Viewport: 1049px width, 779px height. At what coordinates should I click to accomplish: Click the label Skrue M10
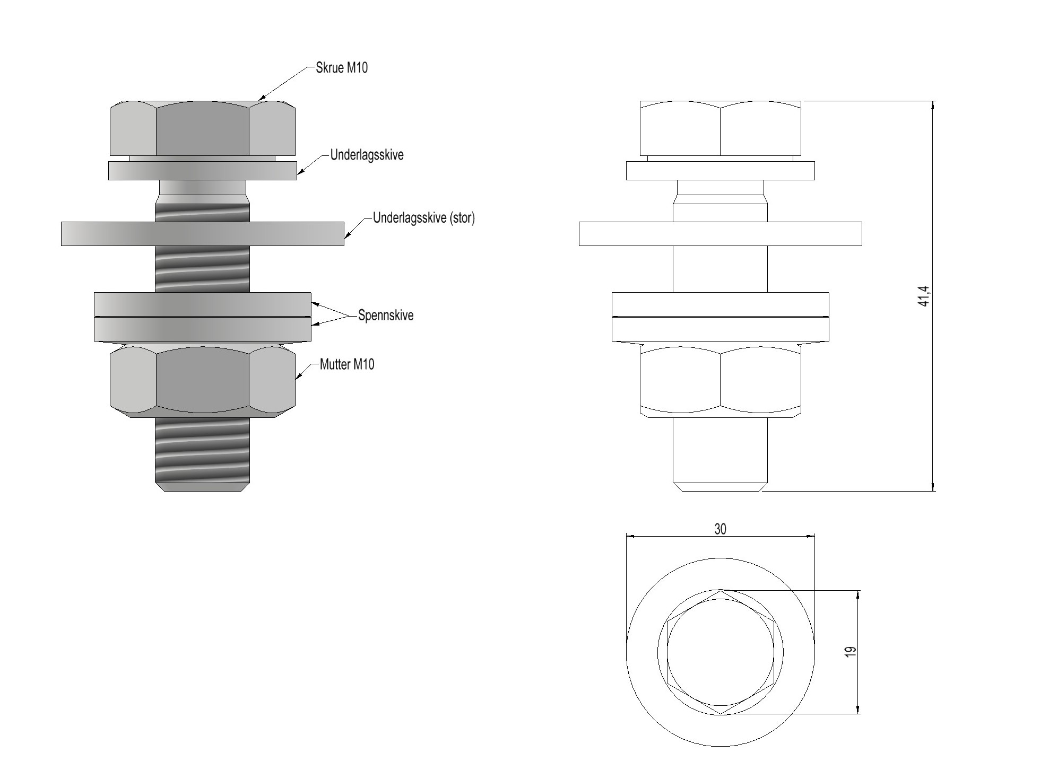[x=341, y=68]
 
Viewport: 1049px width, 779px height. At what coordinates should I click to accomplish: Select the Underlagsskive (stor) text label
[x=423, y=218]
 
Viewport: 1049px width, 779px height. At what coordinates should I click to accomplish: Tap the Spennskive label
[x=386, y=315]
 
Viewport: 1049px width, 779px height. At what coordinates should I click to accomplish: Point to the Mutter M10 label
[x=347, y=364]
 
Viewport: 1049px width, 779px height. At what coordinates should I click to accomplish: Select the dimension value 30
[x=720, y=529]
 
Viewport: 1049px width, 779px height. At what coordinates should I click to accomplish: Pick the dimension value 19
[x=851, y=652]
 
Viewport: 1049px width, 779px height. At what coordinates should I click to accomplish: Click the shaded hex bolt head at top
[x=203, y=128]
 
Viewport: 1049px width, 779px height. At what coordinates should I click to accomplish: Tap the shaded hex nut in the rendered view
[x=203, y=380]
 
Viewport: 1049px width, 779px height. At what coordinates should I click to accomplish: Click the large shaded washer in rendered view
[x=203, y=234]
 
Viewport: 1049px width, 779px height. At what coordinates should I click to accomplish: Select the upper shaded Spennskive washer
[x=203, y=304]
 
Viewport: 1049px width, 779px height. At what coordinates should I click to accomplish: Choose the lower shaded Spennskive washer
[x=203, y=329]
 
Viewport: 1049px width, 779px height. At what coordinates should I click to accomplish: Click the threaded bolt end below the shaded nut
[x=203, y=454]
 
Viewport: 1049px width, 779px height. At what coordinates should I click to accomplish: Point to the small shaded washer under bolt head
[x=203, y=171]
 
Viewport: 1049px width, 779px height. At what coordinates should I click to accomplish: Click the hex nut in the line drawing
[x=720, y=380]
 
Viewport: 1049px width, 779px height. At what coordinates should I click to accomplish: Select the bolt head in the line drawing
[x=720, y=128]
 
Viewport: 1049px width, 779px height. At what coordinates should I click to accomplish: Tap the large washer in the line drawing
[x=720, y=234]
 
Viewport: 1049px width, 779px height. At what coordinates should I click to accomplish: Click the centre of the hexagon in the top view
[x=720, y=652]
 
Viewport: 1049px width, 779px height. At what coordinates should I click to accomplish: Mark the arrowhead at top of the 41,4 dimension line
[x=933, y=106]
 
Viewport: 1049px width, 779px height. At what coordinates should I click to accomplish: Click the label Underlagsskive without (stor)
[x=367, y=155]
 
